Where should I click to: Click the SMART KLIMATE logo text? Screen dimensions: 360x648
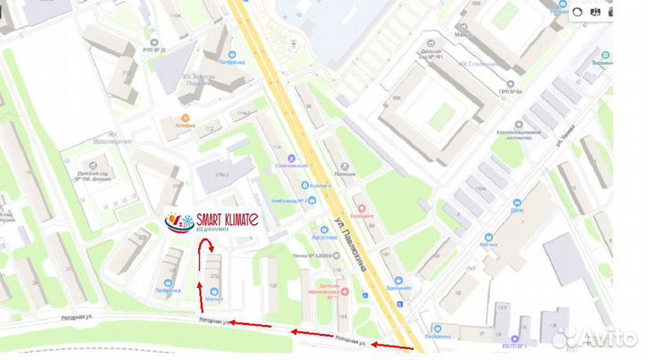pyautogui.click(x=223, y=219)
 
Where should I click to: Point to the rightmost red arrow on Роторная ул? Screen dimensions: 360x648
pyautogui.click(x=392, y=346)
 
